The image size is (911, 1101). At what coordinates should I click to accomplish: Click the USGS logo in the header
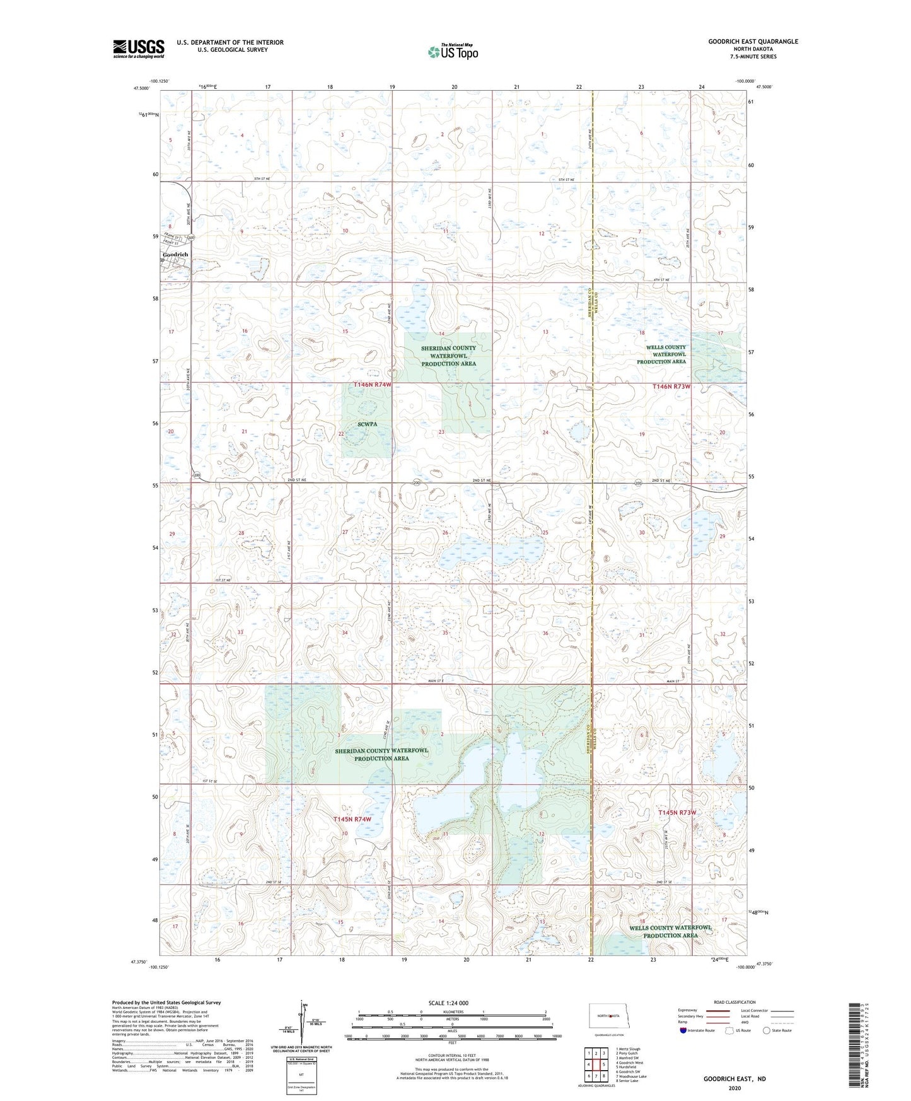[139, 49]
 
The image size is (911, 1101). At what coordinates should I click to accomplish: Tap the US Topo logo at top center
[453, 52]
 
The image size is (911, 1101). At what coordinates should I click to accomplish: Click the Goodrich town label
[175, 255]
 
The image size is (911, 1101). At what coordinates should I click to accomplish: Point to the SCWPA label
[367, 424]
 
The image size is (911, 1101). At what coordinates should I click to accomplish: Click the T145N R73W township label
[677, 813]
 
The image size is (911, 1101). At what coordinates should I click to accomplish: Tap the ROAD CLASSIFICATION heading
[735, 1002]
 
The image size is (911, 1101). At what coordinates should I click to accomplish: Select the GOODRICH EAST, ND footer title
[734, 1079]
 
